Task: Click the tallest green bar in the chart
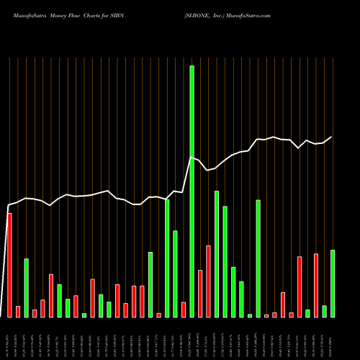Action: click(192, 191)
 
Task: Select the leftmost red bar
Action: click(9, 265)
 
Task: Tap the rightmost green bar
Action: click(332, 284)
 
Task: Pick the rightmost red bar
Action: click(315, 285)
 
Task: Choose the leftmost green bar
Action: click(26, 288)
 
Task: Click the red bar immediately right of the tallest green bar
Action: click(200, 294)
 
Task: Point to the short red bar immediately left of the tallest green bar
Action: click(184, 310)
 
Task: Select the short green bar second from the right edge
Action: click(324, 311)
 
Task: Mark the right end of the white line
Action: click(332, 137)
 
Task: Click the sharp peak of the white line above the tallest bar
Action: click(191, 157)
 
